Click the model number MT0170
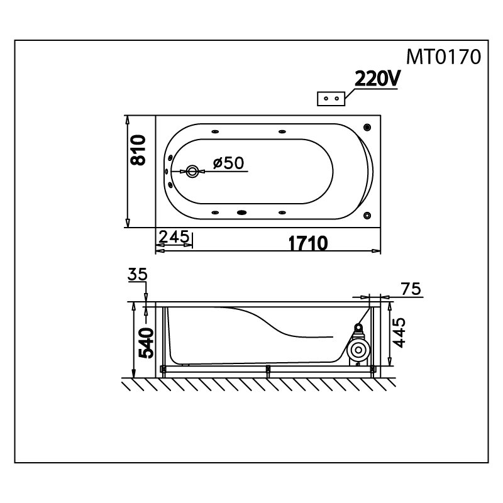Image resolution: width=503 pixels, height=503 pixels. tap(444, 57)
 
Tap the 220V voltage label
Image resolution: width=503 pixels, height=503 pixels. tap(378, 79)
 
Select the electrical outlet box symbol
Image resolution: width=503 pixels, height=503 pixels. tap(331, 99)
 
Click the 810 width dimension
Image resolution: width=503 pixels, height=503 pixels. tap(138, 150)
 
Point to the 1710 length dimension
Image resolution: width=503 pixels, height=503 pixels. tap(308, 243)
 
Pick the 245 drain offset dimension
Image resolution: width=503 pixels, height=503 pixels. tap(174, 237)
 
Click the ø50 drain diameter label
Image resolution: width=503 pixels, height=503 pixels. tap(228, 163)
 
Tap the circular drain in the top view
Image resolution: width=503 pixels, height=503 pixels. tap(192, 172)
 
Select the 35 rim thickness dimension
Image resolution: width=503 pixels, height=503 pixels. tap(137, 274)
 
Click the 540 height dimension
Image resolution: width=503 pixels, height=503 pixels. tap(146, 343)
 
